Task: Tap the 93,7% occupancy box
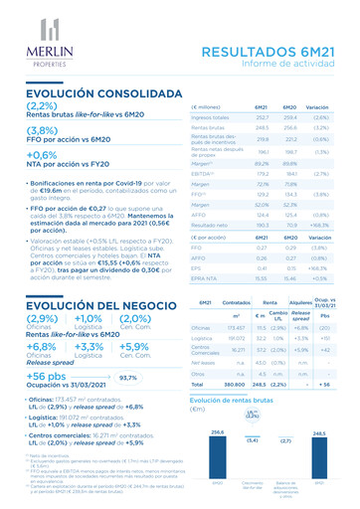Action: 129,378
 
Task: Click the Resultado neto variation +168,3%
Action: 320,226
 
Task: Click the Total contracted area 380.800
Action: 237,384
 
